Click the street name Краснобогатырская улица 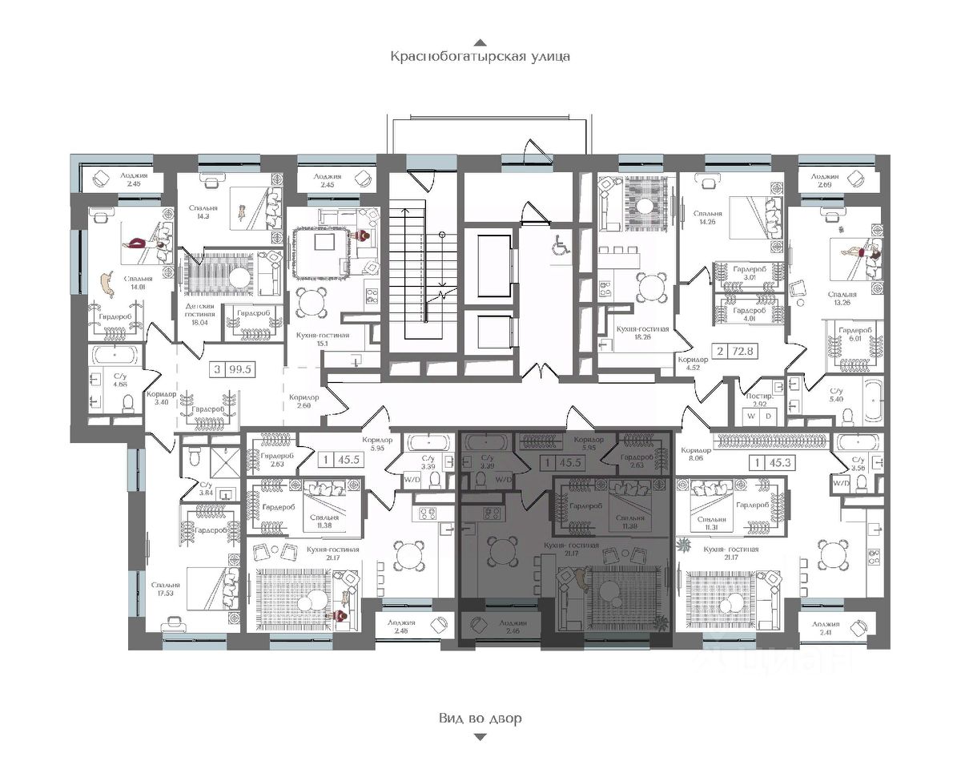pos(480,57)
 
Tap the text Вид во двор pos(480,718)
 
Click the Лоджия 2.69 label pos(824,181)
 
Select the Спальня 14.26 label pos(708,218)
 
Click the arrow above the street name pos(480,42)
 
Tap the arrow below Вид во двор pos(480,737)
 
